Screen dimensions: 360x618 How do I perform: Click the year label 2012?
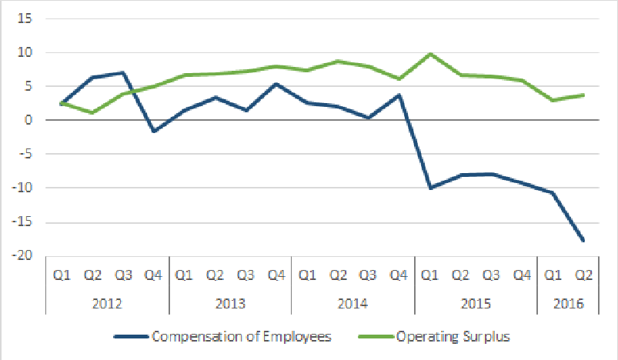click(107, 303)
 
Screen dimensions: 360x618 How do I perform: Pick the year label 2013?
click(230, 303)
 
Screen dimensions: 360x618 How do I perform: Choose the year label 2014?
click(352, 303)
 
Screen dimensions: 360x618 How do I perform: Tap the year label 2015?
click(476, 303)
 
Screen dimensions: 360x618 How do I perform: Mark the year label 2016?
click(568, 303)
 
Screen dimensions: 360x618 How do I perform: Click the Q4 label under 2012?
click(153, 273)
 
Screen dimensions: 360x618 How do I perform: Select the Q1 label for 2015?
click(429, 273)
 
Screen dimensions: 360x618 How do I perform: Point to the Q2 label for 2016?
click(583, 273)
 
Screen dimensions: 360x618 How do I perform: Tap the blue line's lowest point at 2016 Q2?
click(583, 240)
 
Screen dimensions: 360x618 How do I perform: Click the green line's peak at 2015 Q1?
click(429, 54)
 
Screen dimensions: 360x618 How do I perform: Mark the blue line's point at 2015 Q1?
click(429, 188)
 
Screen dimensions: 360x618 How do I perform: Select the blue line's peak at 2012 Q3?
click(122, 73)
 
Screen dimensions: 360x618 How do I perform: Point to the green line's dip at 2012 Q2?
click(92, 112)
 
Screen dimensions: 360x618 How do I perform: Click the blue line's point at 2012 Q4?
click(153, 132)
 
